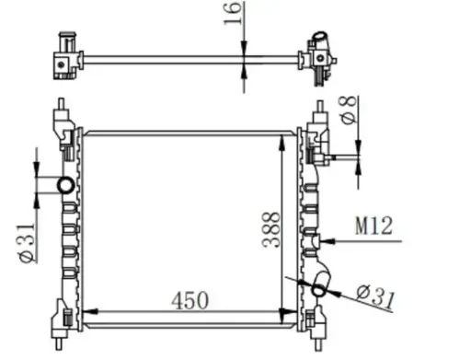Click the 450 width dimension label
190,300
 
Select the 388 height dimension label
271,229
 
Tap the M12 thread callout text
373,226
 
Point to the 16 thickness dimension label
233,13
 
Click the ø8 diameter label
349,110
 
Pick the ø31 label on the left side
27,243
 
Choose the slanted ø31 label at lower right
375,296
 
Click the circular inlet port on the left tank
65,185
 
